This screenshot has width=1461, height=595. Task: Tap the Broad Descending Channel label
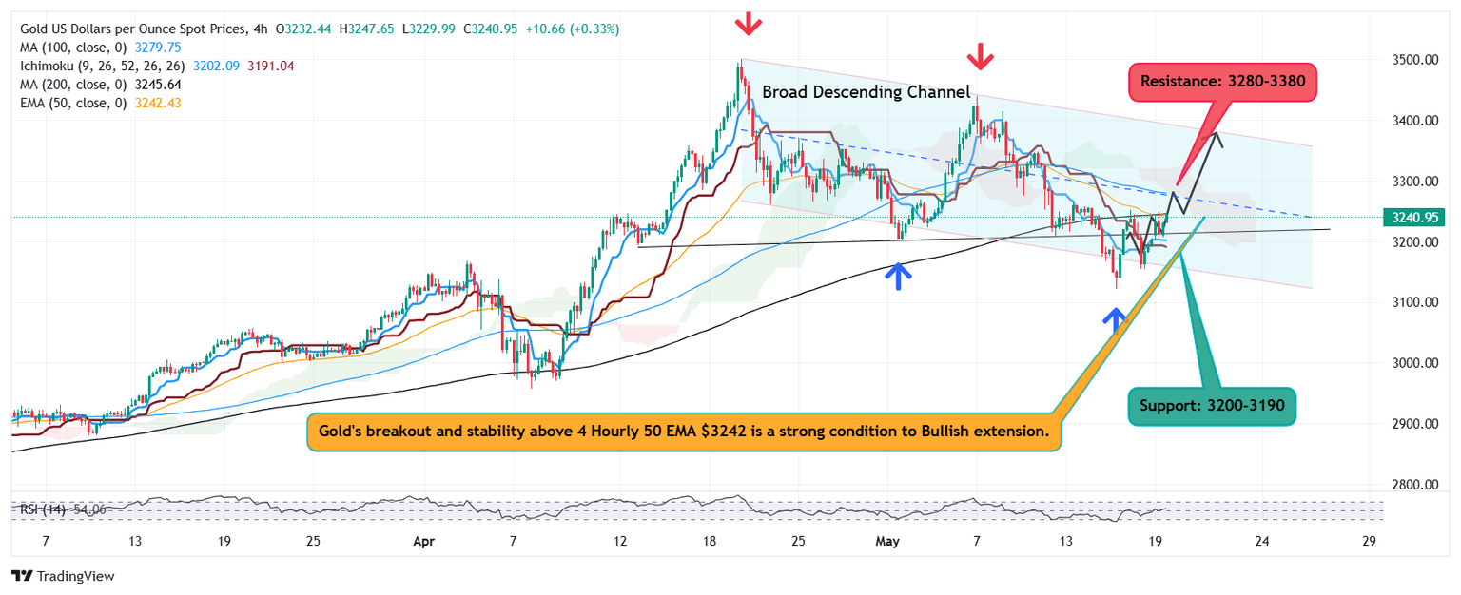click(866, 92)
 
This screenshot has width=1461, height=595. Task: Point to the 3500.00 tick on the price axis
click(1406, 60)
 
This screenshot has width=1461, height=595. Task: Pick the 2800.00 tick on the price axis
click(1406, 485)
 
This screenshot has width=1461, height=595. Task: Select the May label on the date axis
click(886, 541)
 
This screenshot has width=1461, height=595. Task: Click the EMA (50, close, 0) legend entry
click(71, 102)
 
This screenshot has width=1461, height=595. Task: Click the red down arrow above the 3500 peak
click(749, 23)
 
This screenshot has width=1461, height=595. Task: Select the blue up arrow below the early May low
click(899, 276)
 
